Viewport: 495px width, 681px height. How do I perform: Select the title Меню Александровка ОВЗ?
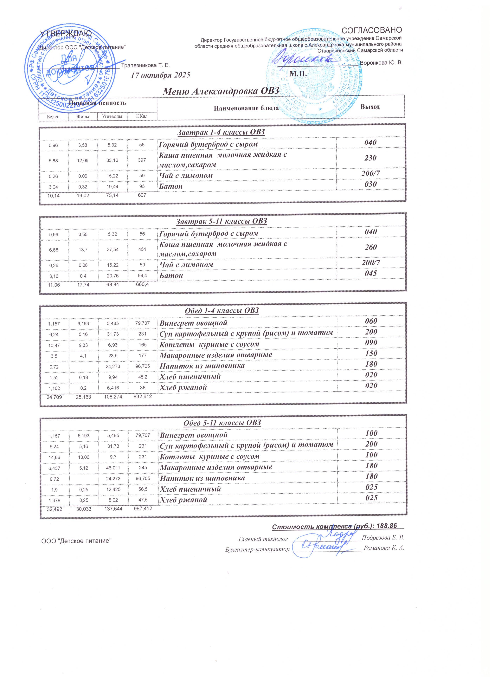[221, 91]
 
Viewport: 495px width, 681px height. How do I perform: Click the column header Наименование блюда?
[246, 108]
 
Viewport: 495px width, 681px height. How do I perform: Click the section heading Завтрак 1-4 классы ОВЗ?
[222, 132]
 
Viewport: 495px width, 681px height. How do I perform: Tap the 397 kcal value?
[142, 160]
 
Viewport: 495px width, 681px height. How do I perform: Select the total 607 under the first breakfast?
[142, 195]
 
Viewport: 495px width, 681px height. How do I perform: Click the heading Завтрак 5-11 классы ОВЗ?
[222, 221]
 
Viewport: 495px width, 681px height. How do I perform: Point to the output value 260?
[371, 247]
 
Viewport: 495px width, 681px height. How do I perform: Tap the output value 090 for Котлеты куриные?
[371, 343]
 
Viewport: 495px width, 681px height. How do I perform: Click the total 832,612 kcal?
[143, 397]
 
